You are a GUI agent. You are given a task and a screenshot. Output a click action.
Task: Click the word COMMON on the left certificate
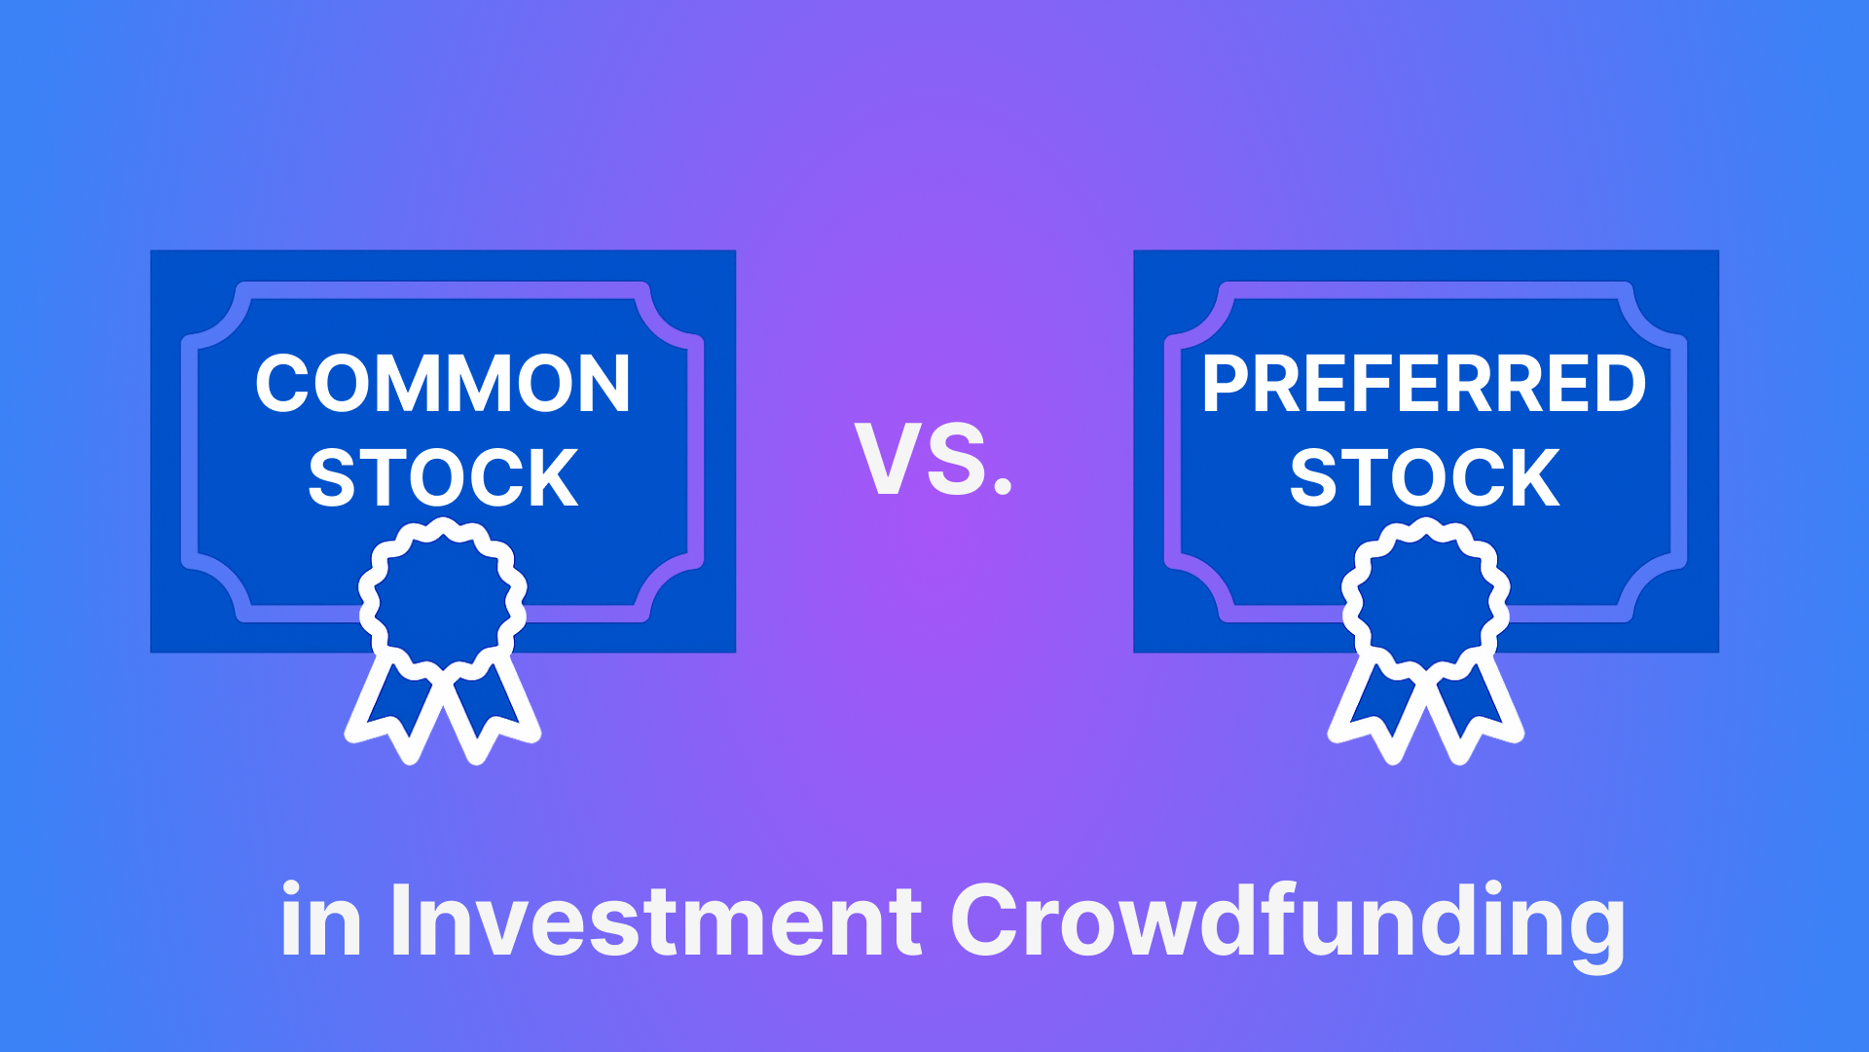443,384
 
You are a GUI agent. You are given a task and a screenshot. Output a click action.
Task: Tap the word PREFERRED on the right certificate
1424,384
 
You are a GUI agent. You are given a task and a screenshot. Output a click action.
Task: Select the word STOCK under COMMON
443,478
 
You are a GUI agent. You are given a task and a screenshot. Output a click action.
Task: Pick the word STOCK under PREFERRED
1425,478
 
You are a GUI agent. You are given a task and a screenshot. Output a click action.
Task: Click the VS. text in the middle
934,460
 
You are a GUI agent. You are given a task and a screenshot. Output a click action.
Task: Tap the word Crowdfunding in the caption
1287,921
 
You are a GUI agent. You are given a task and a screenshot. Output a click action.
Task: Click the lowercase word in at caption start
320,920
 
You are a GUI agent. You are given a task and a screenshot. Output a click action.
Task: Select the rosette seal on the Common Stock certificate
443,597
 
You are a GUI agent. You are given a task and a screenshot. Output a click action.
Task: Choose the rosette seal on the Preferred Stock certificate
1426,597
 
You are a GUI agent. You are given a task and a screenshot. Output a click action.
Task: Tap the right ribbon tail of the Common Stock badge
492,706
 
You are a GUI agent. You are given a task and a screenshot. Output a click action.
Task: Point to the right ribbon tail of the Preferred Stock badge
1475,706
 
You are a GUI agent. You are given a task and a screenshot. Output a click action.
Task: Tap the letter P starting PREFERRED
1225,384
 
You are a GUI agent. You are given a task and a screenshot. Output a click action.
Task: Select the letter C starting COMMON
283,384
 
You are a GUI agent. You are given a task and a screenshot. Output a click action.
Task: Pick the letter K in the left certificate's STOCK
553,478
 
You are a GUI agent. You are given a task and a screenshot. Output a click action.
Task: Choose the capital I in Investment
399,920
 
